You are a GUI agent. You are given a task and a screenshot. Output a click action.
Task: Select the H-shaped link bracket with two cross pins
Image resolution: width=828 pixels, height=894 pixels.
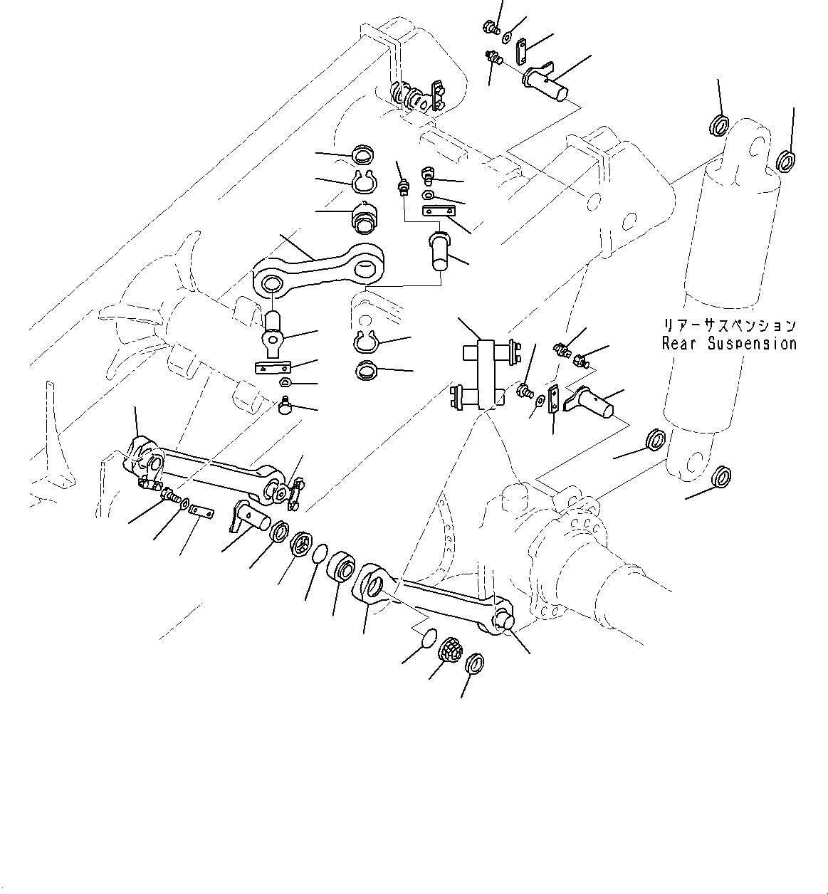(486, 374)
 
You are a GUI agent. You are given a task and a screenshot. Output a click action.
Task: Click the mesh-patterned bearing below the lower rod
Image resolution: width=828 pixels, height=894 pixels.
(450, 650)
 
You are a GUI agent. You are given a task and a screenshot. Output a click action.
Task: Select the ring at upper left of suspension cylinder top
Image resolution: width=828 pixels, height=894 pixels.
(718, 126)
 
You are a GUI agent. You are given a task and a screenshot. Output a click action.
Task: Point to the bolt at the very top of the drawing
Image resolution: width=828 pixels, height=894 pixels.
(489, 28)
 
